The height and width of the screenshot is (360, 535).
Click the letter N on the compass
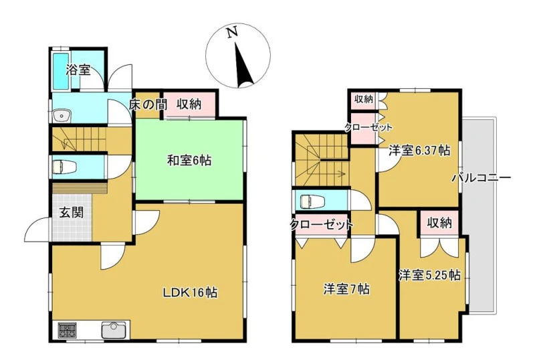pos(232,33)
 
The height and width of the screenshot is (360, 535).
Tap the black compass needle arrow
pos(243,64)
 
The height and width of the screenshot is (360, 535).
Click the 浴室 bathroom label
pos(78,70)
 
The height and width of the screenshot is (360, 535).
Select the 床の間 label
pos(148,104)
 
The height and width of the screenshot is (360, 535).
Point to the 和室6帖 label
pos(189,159)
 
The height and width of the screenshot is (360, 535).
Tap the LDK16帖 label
pos(190,292)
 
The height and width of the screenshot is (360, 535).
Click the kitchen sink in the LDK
pos(114,330)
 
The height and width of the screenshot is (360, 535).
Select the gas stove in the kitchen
pos(68,330)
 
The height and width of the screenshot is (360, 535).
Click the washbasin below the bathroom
pos(62,116)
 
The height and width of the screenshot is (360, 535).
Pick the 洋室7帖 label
pos(346,290)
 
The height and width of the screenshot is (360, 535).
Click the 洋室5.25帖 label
pos(430,275)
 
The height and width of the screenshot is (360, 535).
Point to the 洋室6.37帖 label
pos(419,151)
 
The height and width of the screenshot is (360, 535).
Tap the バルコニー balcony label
pos(481,178)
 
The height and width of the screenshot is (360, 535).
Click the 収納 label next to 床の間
pos(189,104)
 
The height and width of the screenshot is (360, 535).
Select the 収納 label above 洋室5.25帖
pos(439,223)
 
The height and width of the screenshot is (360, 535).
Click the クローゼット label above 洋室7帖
pos(321,225)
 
